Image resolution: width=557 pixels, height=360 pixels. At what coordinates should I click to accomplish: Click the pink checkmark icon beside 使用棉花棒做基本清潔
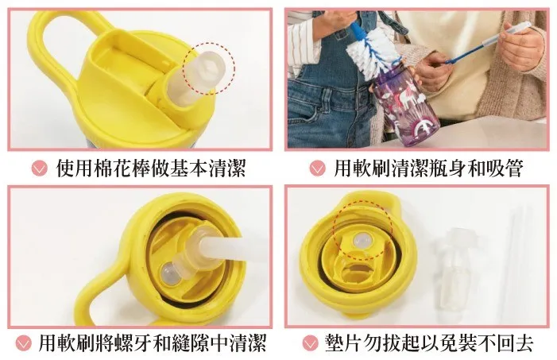coord(39,168)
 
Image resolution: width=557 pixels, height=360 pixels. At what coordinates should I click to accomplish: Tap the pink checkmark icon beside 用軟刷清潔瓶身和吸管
coord(317,168)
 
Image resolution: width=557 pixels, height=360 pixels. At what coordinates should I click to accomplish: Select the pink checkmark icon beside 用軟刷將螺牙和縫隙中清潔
coord(24,343)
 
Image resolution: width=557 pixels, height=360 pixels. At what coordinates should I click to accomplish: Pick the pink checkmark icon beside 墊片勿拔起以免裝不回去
coord(310,343)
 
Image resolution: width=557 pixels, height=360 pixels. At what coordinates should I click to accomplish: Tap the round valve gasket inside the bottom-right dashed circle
coord(361,241)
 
